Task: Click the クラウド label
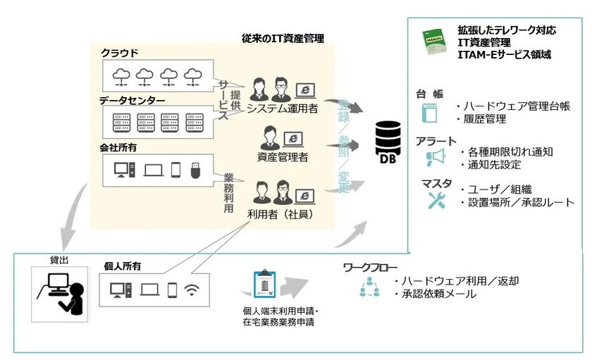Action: click(120, 53)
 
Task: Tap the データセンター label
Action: click(132, 101)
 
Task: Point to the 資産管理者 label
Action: click(282, 157)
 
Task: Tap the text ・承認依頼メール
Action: click(438, 294)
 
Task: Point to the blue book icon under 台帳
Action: click(428, 114)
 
